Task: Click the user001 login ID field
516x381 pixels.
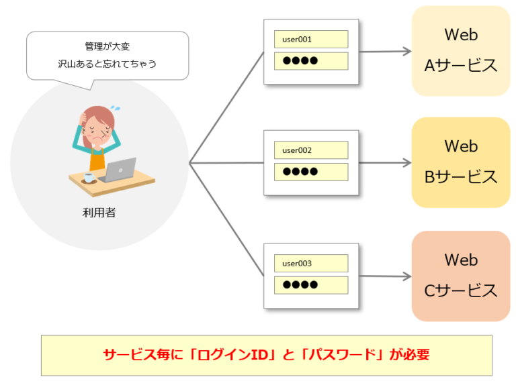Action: [x=310, y=39]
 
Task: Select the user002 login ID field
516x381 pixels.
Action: [x=310, y=150]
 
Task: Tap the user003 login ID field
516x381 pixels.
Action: [x=310, y=263]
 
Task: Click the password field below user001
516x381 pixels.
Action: [x=310, y=61]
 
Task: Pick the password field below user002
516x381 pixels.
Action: [x=310, y=172]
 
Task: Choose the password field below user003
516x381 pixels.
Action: [x=310, y=284]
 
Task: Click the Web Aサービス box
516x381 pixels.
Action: [x=460, y=51]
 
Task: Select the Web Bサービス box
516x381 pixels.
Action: [x=460, y=162]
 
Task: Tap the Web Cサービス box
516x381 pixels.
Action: [x=460, y=276]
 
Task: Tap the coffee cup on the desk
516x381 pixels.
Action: [x=88, y=178]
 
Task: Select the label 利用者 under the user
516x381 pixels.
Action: [x=99, y=213]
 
